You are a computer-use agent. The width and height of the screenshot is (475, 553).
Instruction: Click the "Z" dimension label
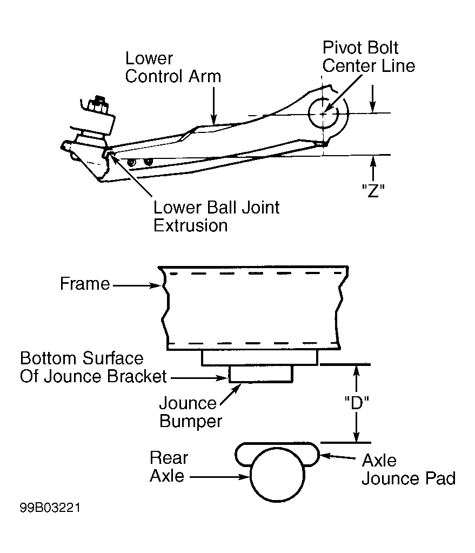pos(373,191)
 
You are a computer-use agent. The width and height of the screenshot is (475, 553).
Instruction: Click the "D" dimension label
pos(357,403)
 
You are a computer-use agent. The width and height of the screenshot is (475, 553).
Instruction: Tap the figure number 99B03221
pos(50,508)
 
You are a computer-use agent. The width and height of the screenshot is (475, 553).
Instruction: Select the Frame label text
pos(85,284)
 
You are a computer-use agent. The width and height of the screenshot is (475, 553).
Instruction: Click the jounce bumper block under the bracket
pos(260,374)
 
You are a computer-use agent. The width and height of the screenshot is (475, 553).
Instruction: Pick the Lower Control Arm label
pos(173,68)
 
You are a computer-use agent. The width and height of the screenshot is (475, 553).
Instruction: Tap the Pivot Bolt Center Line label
pos(369,57)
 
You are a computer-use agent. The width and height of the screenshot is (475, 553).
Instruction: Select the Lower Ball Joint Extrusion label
pos(216,216)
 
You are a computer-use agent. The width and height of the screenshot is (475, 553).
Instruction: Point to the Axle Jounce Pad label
pos(409,469)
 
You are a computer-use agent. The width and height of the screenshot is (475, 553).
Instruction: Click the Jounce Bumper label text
pos(191,412)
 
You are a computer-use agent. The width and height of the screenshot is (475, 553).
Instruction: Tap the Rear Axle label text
pos(169,467)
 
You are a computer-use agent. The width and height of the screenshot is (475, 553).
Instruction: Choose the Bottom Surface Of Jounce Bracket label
pos(93,367)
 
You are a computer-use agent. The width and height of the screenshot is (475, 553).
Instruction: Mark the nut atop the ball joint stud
pos(98,105)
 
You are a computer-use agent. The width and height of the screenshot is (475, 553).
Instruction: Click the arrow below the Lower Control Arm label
pos(213,106)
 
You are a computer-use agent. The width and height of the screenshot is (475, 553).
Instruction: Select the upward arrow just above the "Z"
pos(373,169)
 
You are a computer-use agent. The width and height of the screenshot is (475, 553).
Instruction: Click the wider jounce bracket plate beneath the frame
pos(260,358)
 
